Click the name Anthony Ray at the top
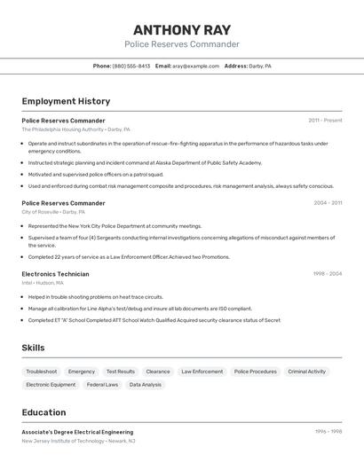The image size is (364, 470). click(x=181, y=29)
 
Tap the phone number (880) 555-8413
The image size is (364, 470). click(x=131, y=67)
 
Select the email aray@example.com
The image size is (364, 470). click(x=195, y=67)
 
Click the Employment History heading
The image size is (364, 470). click(x=66, y=102)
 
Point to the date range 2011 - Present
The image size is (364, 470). click(x=325, y=121)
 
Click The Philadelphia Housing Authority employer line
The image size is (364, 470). click(x=75, y=129)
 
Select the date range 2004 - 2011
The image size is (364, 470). click(x=328, y=203)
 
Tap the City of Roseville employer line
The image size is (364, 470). click(x=53, y=212)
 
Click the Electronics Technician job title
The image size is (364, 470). click(x=55, y=274)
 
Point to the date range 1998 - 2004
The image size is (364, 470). click(x=327, y=274)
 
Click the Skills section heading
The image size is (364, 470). click(x=33, y=349)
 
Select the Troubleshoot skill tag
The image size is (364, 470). click(x=42, y=372)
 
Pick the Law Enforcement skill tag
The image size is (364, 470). click(x=202, y=372)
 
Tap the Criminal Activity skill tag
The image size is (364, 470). click(x=306, y=372)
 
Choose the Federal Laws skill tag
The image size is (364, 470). click(x=102, y=385)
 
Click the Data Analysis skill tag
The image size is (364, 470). click(x=146, y=385)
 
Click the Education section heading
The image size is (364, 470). click(x=44, y=412)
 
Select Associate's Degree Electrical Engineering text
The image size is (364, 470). click(x=77, y=432)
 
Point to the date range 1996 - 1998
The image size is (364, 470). click(x=328, y=432)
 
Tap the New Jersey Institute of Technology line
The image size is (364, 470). click(x=78, y=441)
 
